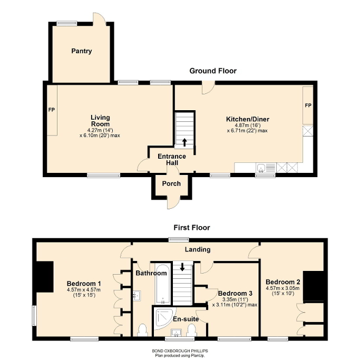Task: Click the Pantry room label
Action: click(82, 51)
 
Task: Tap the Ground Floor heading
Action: click(213, 71)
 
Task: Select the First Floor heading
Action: click(192, 228)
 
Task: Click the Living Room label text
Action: click(100, 121)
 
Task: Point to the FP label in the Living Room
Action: click(52, 110)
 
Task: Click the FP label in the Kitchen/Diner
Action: click(308, 106)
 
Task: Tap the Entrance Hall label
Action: click(172, 160)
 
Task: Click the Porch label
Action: click(172, 184)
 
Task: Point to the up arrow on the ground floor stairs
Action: click(184, 142)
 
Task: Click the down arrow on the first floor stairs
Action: click(182, 267)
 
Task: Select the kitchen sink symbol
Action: click(261, 169)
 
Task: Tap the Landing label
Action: click(198, 249)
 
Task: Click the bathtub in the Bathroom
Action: click(162, 285)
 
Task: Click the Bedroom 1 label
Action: click(84, 284)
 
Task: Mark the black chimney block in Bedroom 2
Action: click(317, 285)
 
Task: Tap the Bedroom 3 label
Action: click(232, 293)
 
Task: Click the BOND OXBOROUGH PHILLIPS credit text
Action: click(180, 349)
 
